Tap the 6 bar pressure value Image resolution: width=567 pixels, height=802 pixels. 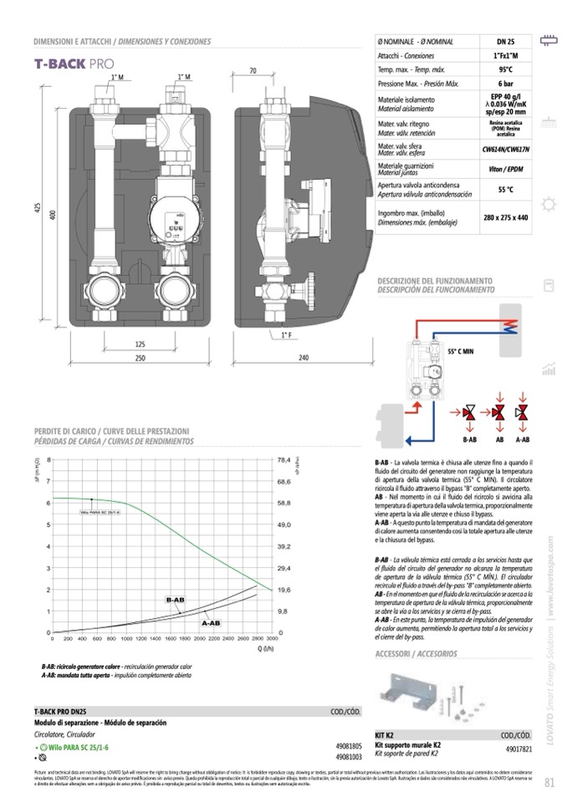click(505, 84)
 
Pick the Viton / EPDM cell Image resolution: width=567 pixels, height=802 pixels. click(505, 168)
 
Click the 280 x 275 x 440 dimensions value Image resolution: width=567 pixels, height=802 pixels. click(505, 217)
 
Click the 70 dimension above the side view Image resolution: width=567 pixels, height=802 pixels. click(252, 72)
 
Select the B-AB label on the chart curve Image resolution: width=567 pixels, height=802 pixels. click(175, 600)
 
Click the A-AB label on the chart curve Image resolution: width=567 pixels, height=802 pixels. click(210, 623)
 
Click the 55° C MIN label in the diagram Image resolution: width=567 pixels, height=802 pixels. click(462, 352)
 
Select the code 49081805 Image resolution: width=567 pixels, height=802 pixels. click(348, 744)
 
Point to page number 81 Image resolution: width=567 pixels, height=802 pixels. click(549, 783)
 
